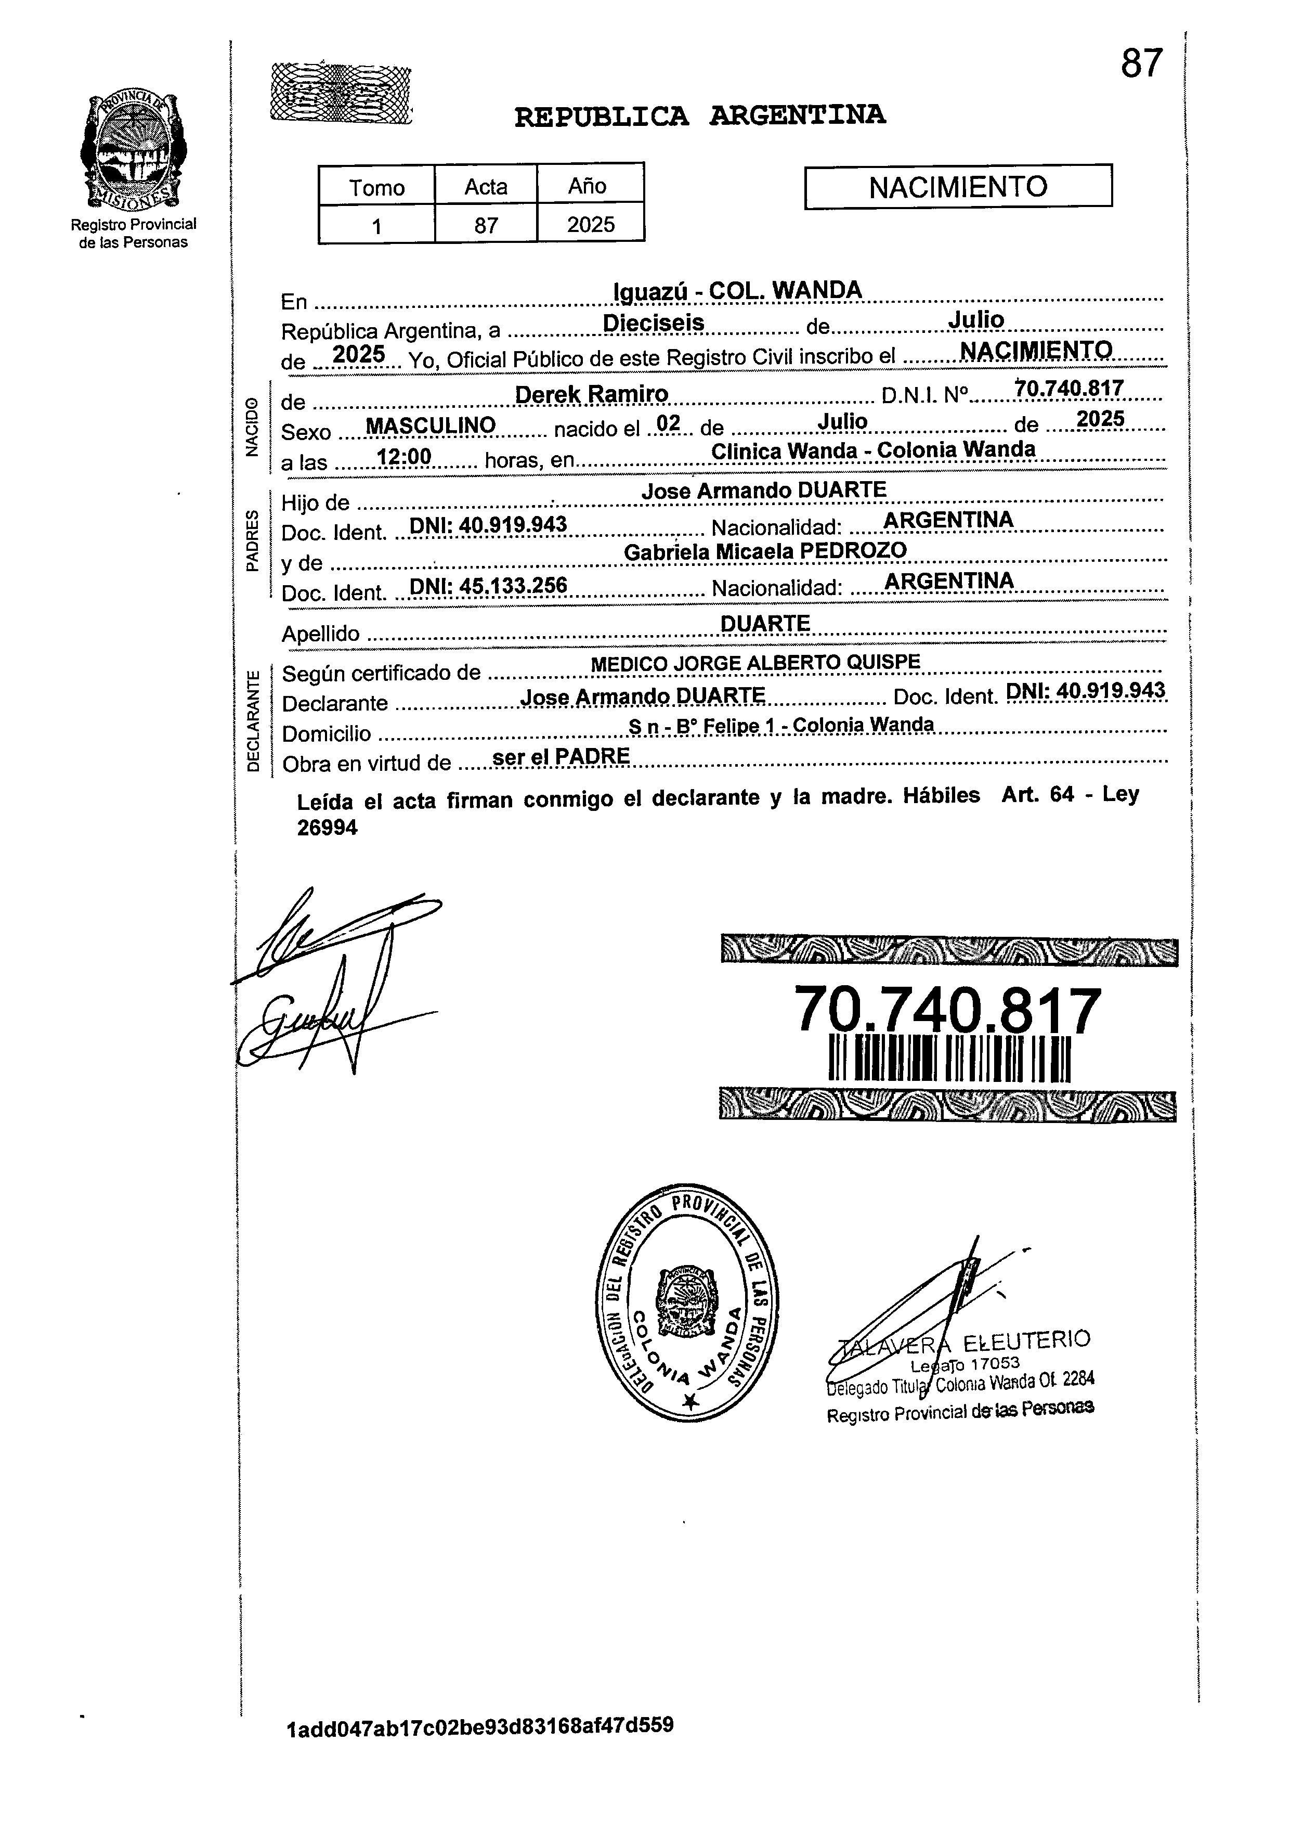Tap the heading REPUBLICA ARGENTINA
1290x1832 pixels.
[700, 117]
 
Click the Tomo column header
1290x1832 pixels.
[376, 187]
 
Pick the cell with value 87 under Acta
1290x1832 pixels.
[486, 225]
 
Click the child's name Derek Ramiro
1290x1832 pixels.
[591, 394]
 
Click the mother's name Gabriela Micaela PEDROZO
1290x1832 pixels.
[765, 551]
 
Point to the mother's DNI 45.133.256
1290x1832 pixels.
[487, 586]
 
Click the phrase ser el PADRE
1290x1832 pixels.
[562, 756]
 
